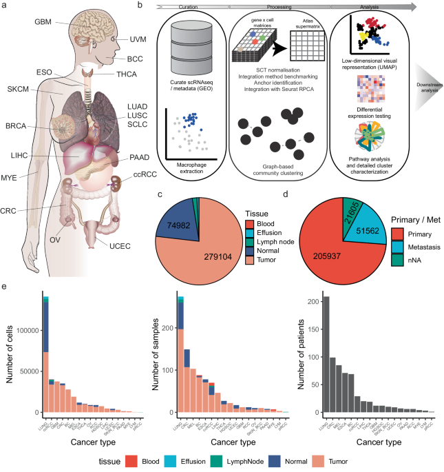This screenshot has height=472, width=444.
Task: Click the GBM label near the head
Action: [x=43, y=21]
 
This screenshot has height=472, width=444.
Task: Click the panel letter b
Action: [x=160, y=6]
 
